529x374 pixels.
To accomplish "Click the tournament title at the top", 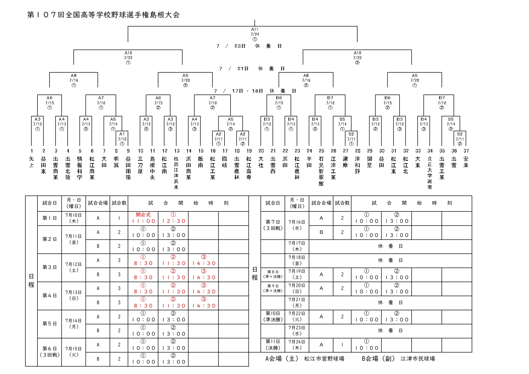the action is (103, 15).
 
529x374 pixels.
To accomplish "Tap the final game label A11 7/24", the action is (255, 32).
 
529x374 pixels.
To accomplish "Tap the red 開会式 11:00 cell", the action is (143, 218).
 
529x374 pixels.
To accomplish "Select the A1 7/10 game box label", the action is (122, 137).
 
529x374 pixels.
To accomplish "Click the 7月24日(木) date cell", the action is (297, 345).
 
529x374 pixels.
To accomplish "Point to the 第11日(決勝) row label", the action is (273, 345).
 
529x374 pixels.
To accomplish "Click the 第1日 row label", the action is (49, 218).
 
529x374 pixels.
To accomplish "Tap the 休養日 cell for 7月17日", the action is (391, 246).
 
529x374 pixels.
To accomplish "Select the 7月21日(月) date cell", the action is (297, 303).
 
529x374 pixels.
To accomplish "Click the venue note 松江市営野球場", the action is (324, 359).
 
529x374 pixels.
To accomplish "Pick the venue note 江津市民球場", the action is (418, 359).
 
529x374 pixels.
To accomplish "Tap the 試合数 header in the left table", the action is (119, 203).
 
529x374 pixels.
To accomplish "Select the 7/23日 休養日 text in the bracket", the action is (249, 46).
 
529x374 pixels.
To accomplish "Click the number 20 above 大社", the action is (261, 151).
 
